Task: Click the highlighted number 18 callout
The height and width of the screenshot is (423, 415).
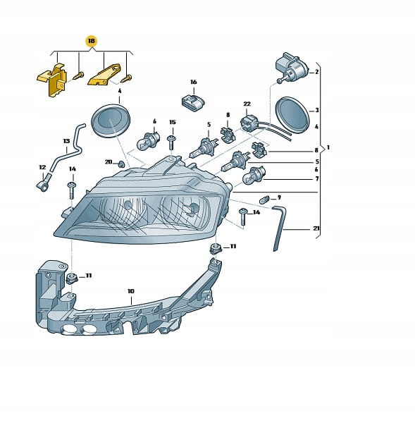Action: [92, 41]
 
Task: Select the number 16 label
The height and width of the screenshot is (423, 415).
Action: [194, 82]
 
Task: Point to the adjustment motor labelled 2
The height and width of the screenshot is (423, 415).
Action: [291, 67]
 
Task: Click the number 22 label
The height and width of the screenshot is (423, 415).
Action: [247, 104]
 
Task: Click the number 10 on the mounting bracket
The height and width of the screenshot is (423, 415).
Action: [131, 291]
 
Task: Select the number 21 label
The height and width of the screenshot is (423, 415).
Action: [316, 228]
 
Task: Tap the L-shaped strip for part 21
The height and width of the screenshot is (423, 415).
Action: [279, 228]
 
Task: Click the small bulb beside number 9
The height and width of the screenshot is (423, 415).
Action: [264, 200]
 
